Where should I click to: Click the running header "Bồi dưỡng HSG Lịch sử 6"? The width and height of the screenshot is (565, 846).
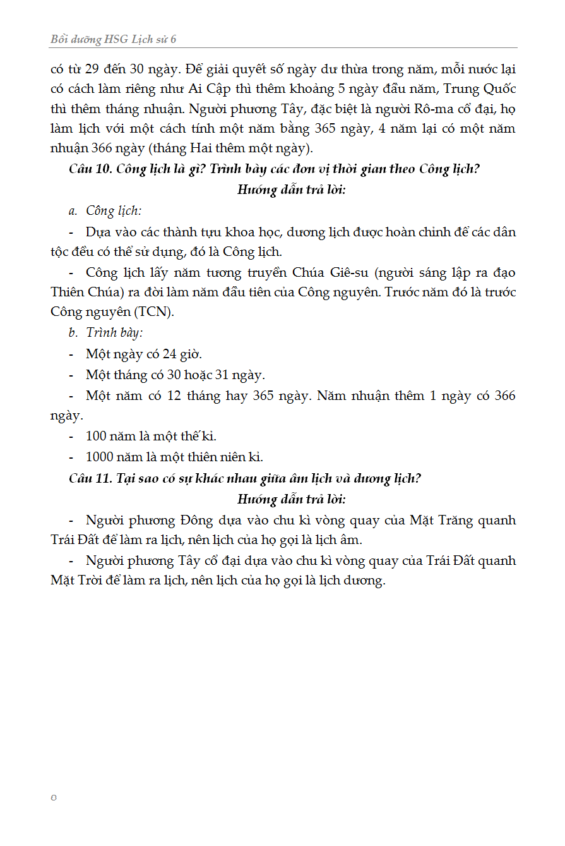tap(114, 39)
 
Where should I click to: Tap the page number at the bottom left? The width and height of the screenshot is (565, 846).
tap(54, 797)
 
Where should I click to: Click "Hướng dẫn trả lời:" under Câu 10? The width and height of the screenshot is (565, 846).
tap(291, 190)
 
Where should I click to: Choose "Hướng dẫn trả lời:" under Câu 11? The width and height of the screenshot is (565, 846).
tap(291, 499)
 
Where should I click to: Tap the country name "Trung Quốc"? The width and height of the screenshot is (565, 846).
tap(480, 88)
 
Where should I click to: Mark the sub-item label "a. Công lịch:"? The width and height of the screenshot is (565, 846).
tap(105, 210)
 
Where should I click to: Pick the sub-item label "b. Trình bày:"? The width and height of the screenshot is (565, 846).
tap(105, 333)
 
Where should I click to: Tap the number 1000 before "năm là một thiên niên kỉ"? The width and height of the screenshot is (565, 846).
tap(100, 457)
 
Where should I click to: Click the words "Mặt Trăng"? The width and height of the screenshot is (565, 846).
tap(438, 520)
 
